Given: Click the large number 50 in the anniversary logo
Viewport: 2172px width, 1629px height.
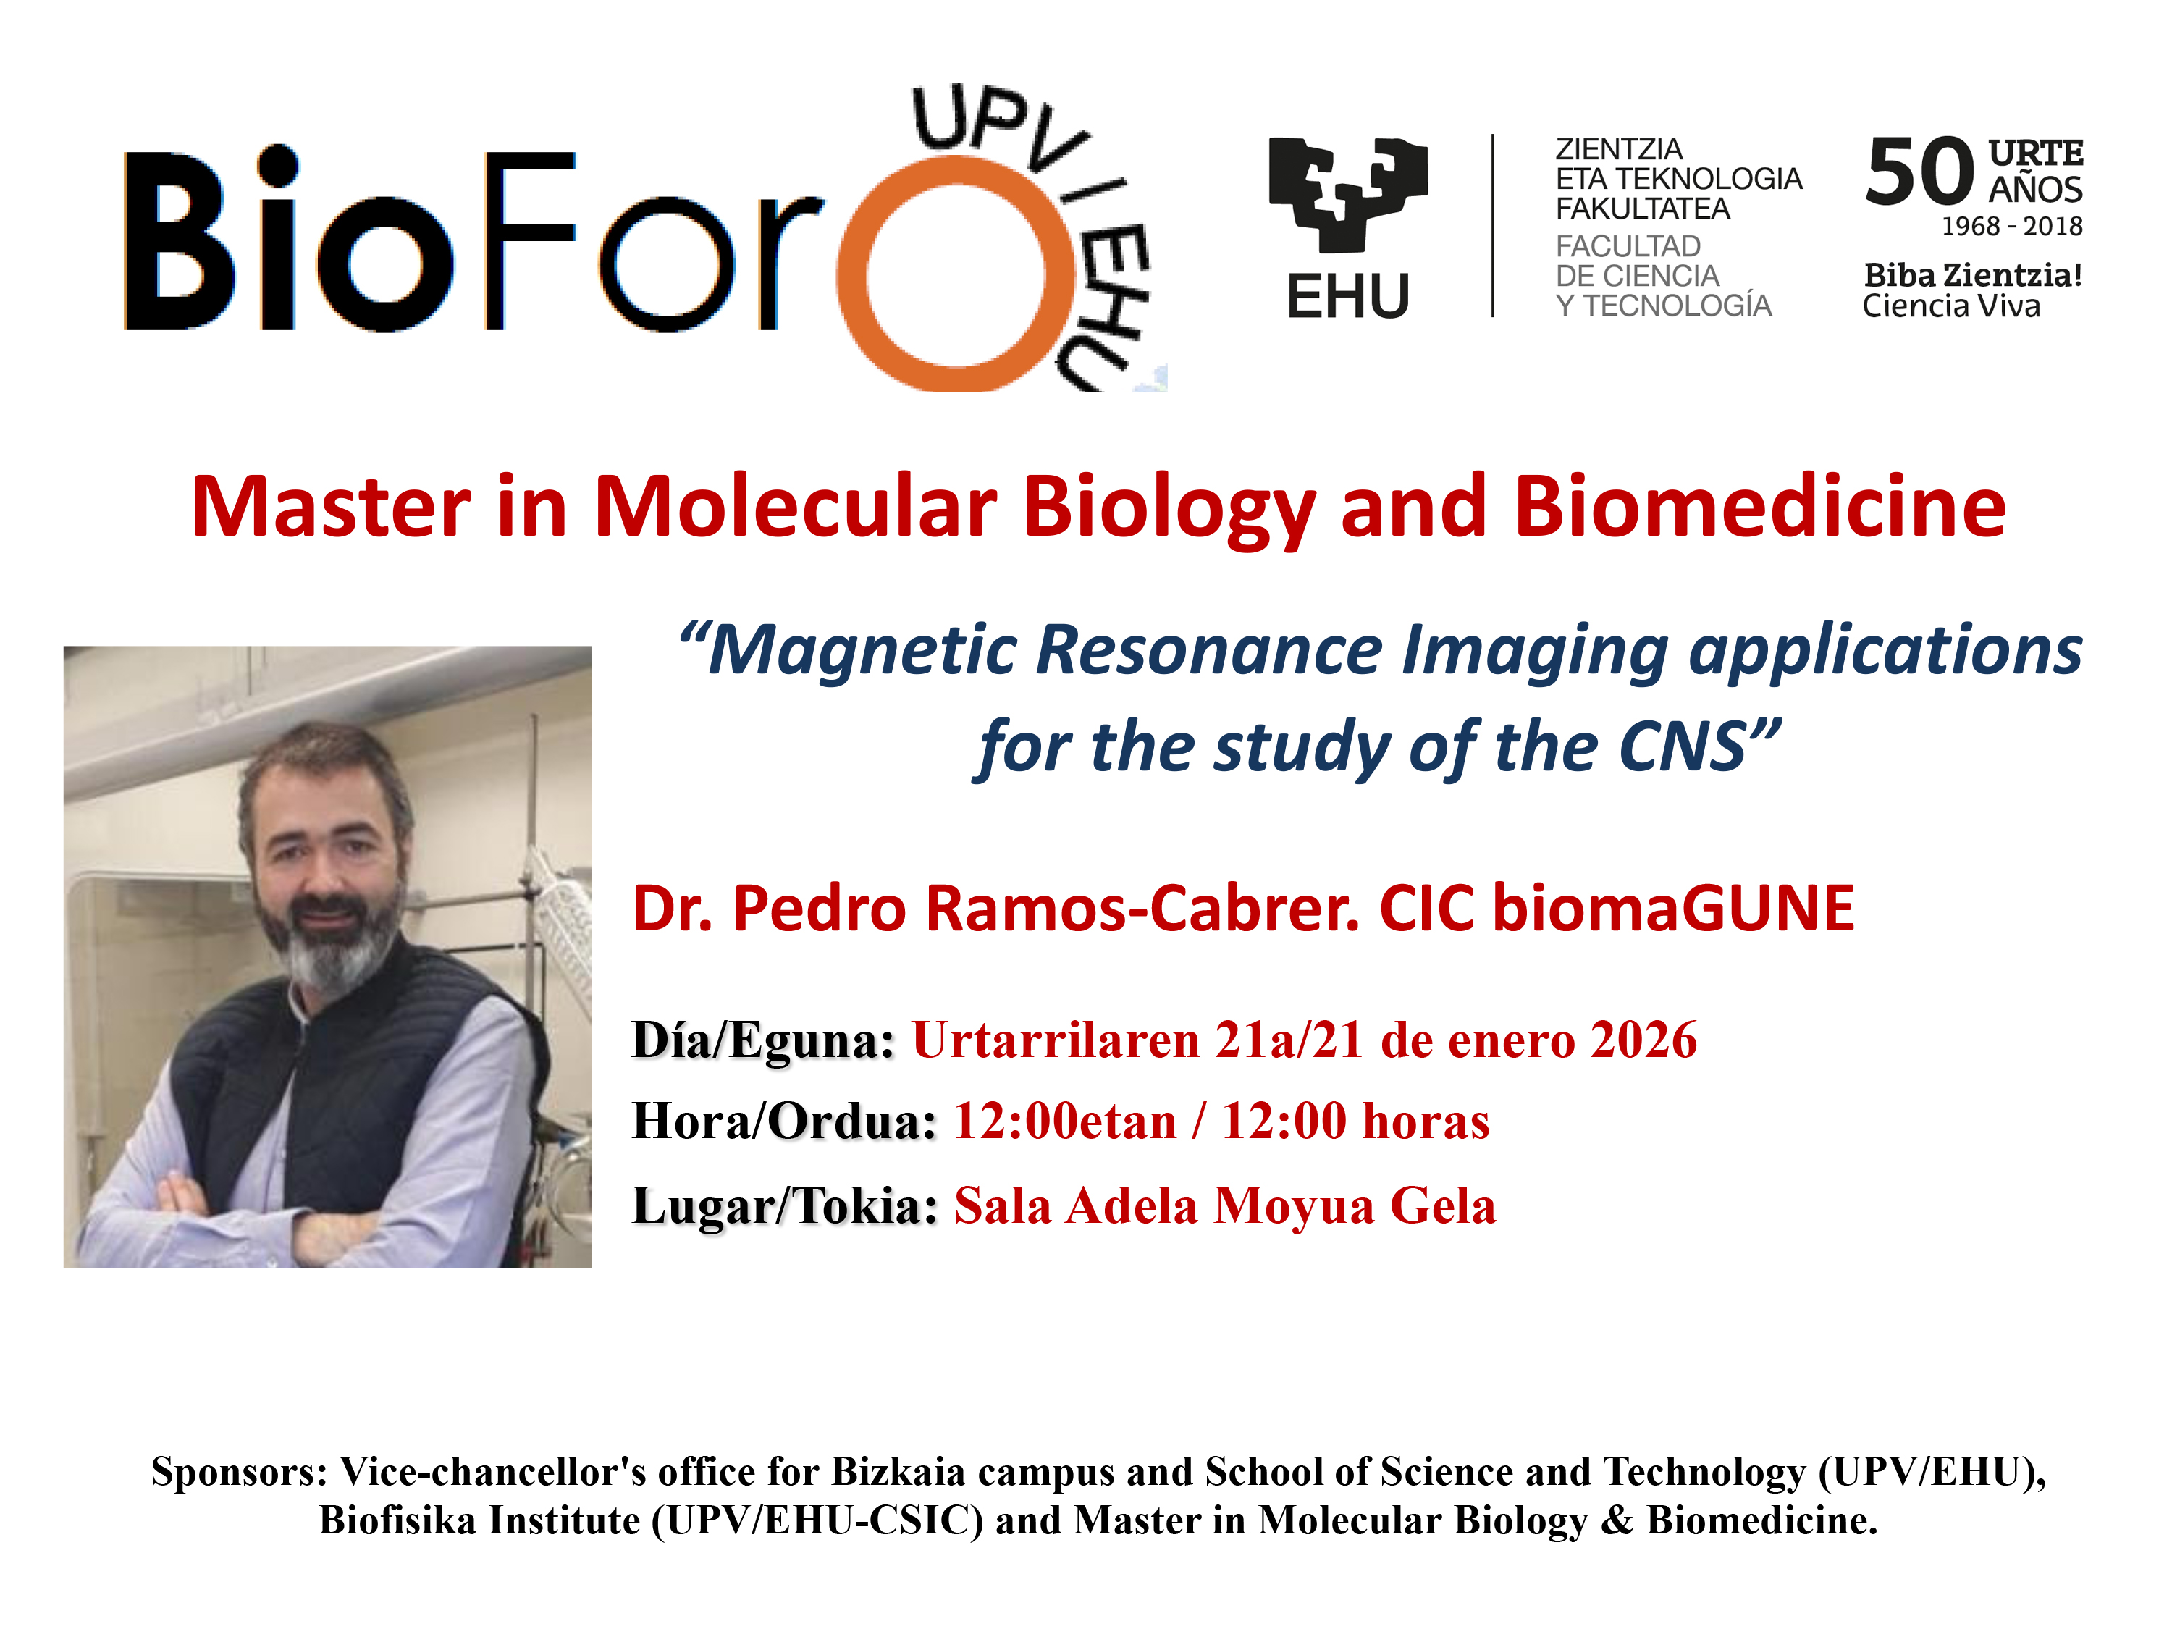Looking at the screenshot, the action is [x=1919, y=173].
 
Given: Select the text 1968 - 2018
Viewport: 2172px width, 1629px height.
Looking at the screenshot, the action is [x=2012, y=227].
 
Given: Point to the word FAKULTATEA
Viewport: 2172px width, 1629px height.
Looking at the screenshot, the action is [x=1643, y=209].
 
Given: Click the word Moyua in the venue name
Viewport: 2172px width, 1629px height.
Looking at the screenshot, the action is [x=1295, y=1207].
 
